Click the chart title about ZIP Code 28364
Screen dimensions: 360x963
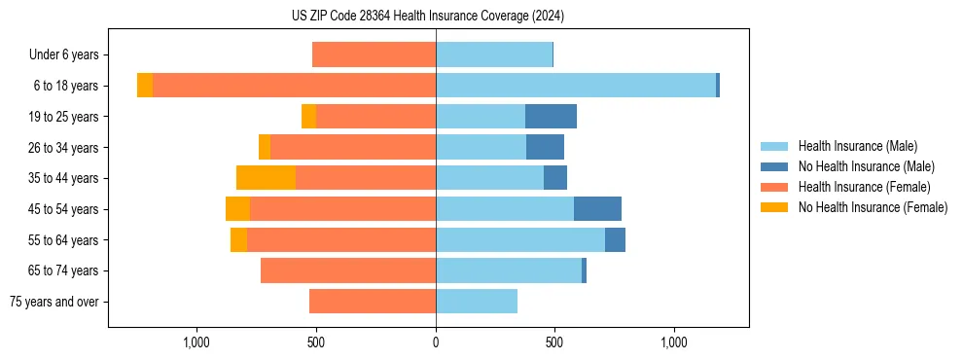tap(427, 17)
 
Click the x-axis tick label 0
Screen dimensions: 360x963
tap(436, 342)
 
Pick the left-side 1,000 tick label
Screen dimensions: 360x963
tap(196, 342)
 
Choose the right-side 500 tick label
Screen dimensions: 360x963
tap(554, 342)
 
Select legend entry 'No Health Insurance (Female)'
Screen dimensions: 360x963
tap(873, 207)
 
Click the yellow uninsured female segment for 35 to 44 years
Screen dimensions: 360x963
tap(266, 178)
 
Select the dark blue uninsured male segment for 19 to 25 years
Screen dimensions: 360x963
tap(551, 117)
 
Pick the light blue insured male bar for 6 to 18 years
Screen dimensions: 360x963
tap(576, 86)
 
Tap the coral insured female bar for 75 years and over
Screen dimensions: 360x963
tap(373, 302)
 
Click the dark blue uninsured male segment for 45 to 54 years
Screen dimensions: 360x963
tap(597, 209)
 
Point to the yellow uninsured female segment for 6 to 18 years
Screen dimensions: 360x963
tap(145, 86)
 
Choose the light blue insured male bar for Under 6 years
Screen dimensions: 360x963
tap(494, 55)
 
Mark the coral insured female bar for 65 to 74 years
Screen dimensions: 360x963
tap(348, 270)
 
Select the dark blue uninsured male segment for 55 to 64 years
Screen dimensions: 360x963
tap(615, 239)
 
